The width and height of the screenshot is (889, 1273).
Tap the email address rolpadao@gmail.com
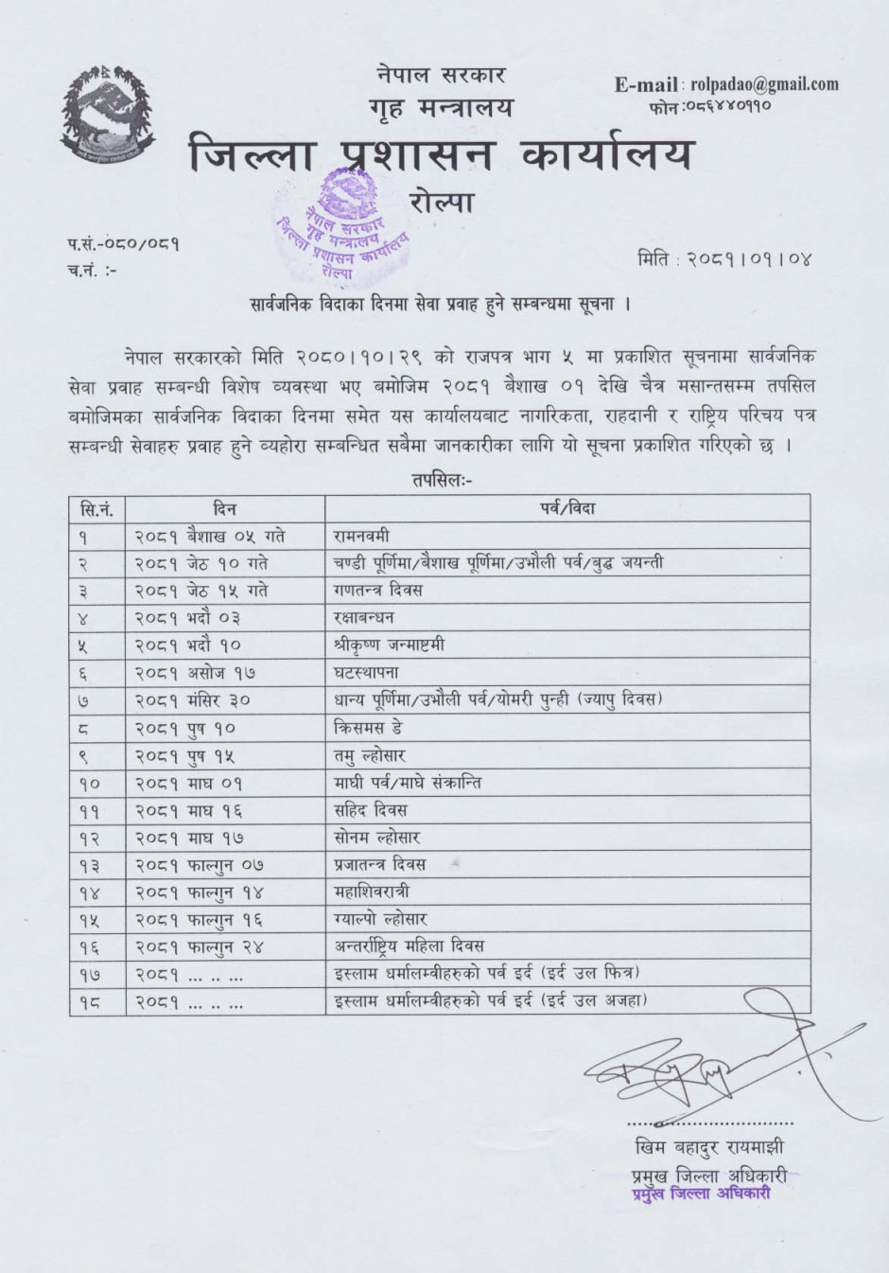coord(764,84)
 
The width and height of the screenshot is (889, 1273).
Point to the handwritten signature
coord(700,1069)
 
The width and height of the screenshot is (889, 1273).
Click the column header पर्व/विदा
coord(567,509)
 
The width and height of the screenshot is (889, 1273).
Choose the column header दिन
coord(225,509)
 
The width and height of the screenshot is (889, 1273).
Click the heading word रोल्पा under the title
coord(442,202)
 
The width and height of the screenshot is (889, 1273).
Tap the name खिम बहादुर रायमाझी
coord(709,1148)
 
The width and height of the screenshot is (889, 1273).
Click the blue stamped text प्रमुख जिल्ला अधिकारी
coord(700,1193)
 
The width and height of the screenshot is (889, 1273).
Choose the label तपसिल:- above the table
coord(442,480)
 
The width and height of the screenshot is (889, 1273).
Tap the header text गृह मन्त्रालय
coord(442,108)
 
